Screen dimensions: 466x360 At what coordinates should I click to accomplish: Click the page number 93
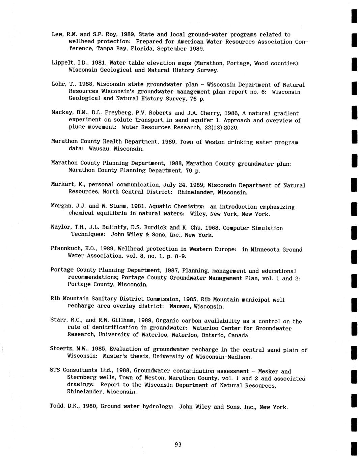pyautogui.click(x=178, y=445)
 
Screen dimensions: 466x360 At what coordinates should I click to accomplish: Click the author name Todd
pyautogui.click(x=57, y=406)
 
